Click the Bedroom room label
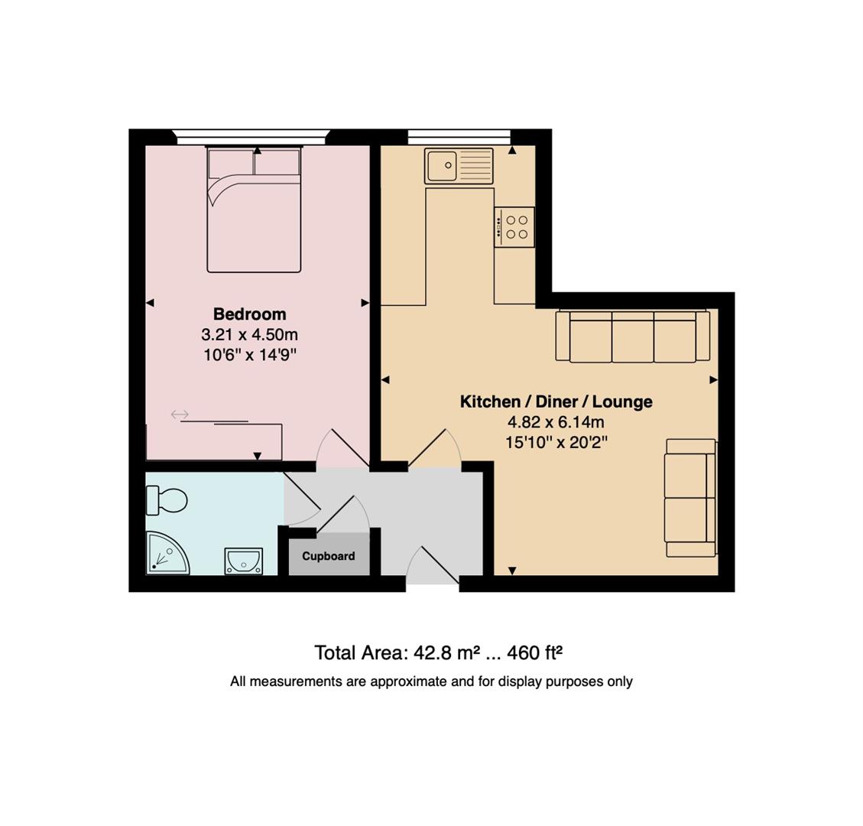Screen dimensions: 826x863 [x=249, y=314]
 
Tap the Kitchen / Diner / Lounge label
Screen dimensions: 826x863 [x=556, y=402]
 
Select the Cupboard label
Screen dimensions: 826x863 [x=328, y=556]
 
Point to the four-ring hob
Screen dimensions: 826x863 [x=514, y=227]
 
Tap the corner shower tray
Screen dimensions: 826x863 [x=165, y=554]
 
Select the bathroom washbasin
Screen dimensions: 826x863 [x=244, y=561]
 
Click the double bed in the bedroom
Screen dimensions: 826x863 [x=254, y=210]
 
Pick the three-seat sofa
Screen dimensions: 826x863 [x=632, y=336]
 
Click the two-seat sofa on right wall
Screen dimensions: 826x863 [x=690, y=497]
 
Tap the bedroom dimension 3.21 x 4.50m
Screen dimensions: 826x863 [x=249, y=334]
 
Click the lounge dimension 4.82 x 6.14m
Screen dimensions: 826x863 [x=556, y=422]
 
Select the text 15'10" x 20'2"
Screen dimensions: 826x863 [x=556, y=442]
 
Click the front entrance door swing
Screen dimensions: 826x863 [x=433, y=566]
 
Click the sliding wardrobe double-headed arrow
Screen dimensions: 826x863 [x=180, y=415]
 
